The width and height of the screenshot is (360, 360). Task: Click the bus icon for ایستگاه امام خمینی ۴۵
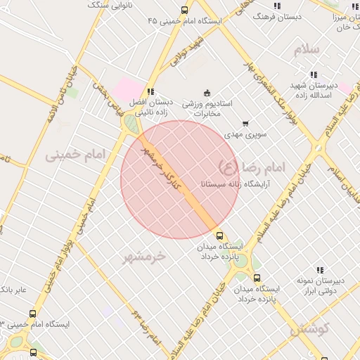click(184, 11)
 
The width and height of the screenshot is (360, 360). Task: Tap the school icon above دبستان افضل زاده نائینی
click(150, 92)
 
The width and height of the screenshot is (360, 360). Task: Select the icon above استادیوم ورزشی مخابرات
click(207, 93)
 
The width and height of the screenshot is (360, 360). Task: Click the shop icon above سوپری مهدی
click(245, 123)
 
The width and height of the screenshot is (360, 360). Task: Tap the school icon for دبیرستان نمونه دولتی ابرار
click(320, 270)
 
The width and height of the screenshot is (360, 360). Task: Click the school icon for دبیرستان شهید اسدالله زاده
click(313, 75)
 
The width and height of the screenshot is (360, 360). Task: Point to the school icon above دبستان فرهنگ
click(277, 6)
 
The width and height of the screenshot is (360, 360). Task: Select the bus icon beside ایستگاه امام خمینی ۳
click(32, 314)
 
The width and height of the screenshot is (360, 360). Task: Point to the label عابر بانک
click(15, 290)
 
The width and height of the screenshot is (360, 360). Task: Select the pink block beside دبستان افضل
click(128, 89)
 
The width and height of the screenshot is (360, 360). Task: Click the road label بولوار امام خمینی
click(67, 247)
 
